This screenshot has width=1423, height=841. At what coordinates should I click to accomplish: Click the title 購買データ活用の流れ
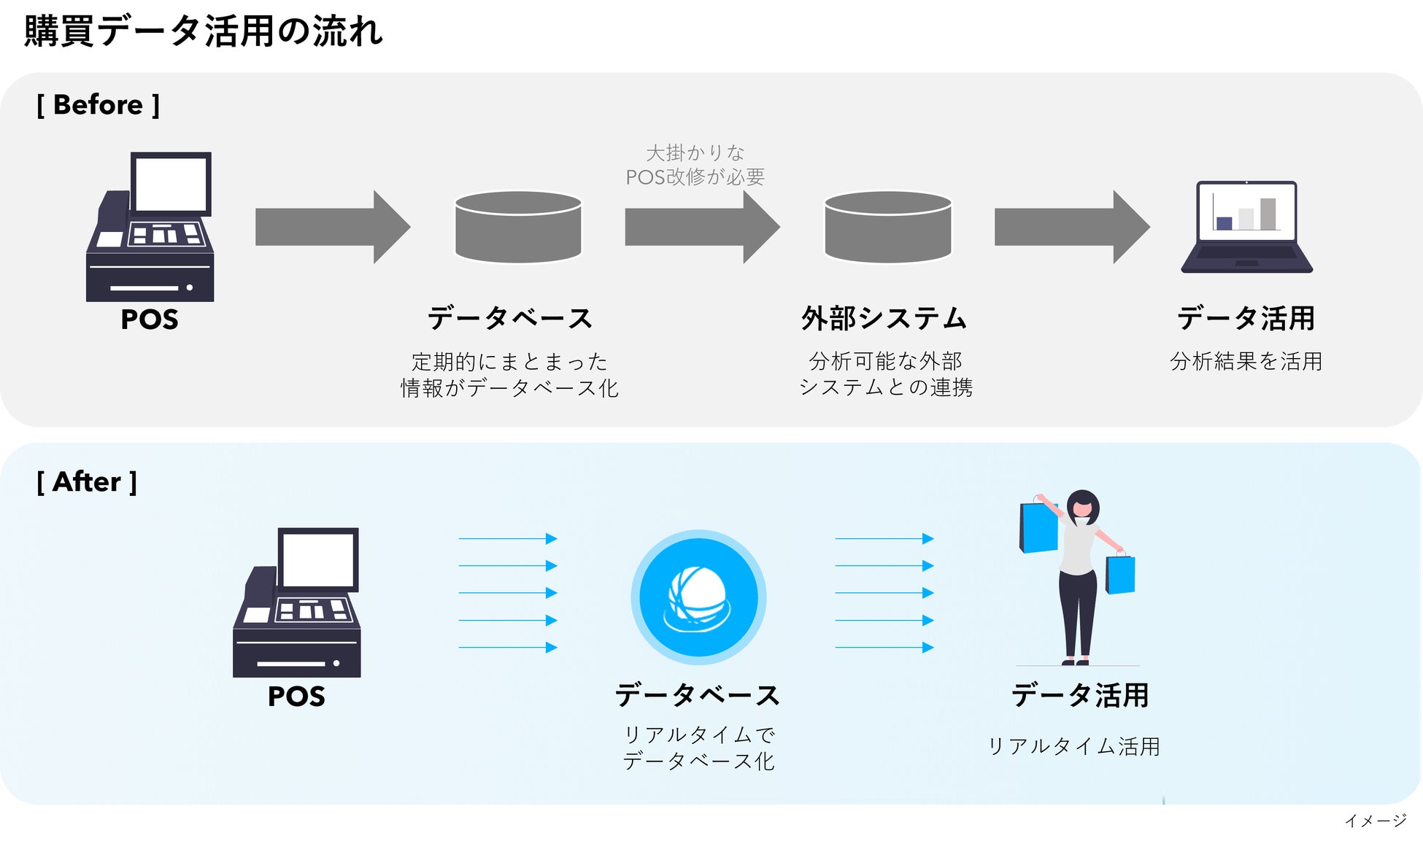tap(203, 31)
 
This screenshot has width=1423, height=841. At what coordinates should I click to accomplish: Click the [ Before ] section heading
tap(98, 105)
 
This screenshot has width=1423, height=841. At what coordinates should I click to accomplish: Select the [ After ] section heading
tap(87, 482)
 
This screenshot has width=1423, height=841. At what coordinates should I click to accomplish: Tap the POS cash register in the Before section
tap(150, 227)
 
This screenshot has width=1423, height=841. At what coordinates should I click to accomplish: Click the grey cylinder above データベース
tap(518, 227)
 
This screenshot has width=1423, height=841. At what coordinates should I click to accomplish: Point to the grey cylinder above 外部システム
tap(887, 227)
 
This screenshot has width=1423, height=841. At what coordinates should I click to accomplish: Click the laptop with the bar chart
tap(1246, 227)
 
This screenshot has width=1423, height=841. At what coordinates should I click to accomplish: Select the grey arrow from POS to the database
tap(332, 227)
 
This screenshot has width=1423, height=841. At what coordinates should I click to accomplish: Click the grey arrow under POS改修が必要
tap(702, 227)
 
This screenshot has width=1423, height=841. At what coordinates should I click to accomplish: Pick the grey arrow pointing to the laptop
tap(1071, 227)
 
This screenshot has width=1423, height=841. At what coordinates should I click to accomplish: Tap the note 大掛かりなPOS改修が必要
tap(695, 165)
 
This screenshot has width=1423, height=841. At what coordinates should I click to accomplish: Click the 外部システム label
tap(884, 319)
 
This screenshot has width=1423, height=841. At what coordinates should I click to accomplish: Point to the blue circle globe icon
tap(698, 597)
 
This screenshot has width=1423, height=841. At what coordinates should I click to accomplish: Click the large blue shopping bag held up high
tap(1038, 525)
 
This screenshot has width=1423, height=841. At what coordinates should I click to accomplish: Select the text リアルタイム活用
tap(1073, 746)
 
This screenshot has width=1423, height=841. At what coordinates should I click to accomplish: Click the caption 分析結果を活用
tap(1246, 361)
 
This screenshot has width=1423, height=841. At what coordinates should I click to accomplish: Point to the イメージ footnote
tap(1376, 821)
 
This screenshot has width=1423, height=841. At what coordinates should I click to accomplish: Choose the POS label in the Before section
tap(150, 319)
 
